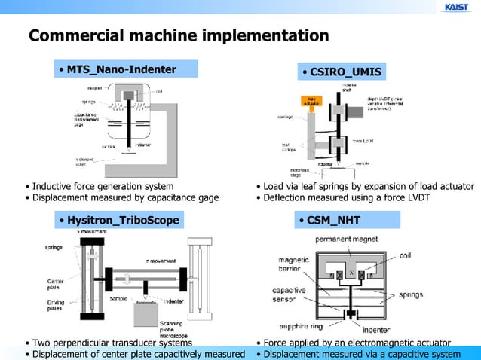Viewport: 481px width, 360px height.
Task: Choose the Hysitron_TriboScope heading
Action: pos(123,220)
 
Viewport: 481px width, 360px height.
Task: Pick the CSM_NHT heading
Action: pos(333,220)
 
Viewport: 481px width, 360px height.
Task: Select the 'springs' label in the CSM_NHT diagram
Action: pos(411,294)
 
